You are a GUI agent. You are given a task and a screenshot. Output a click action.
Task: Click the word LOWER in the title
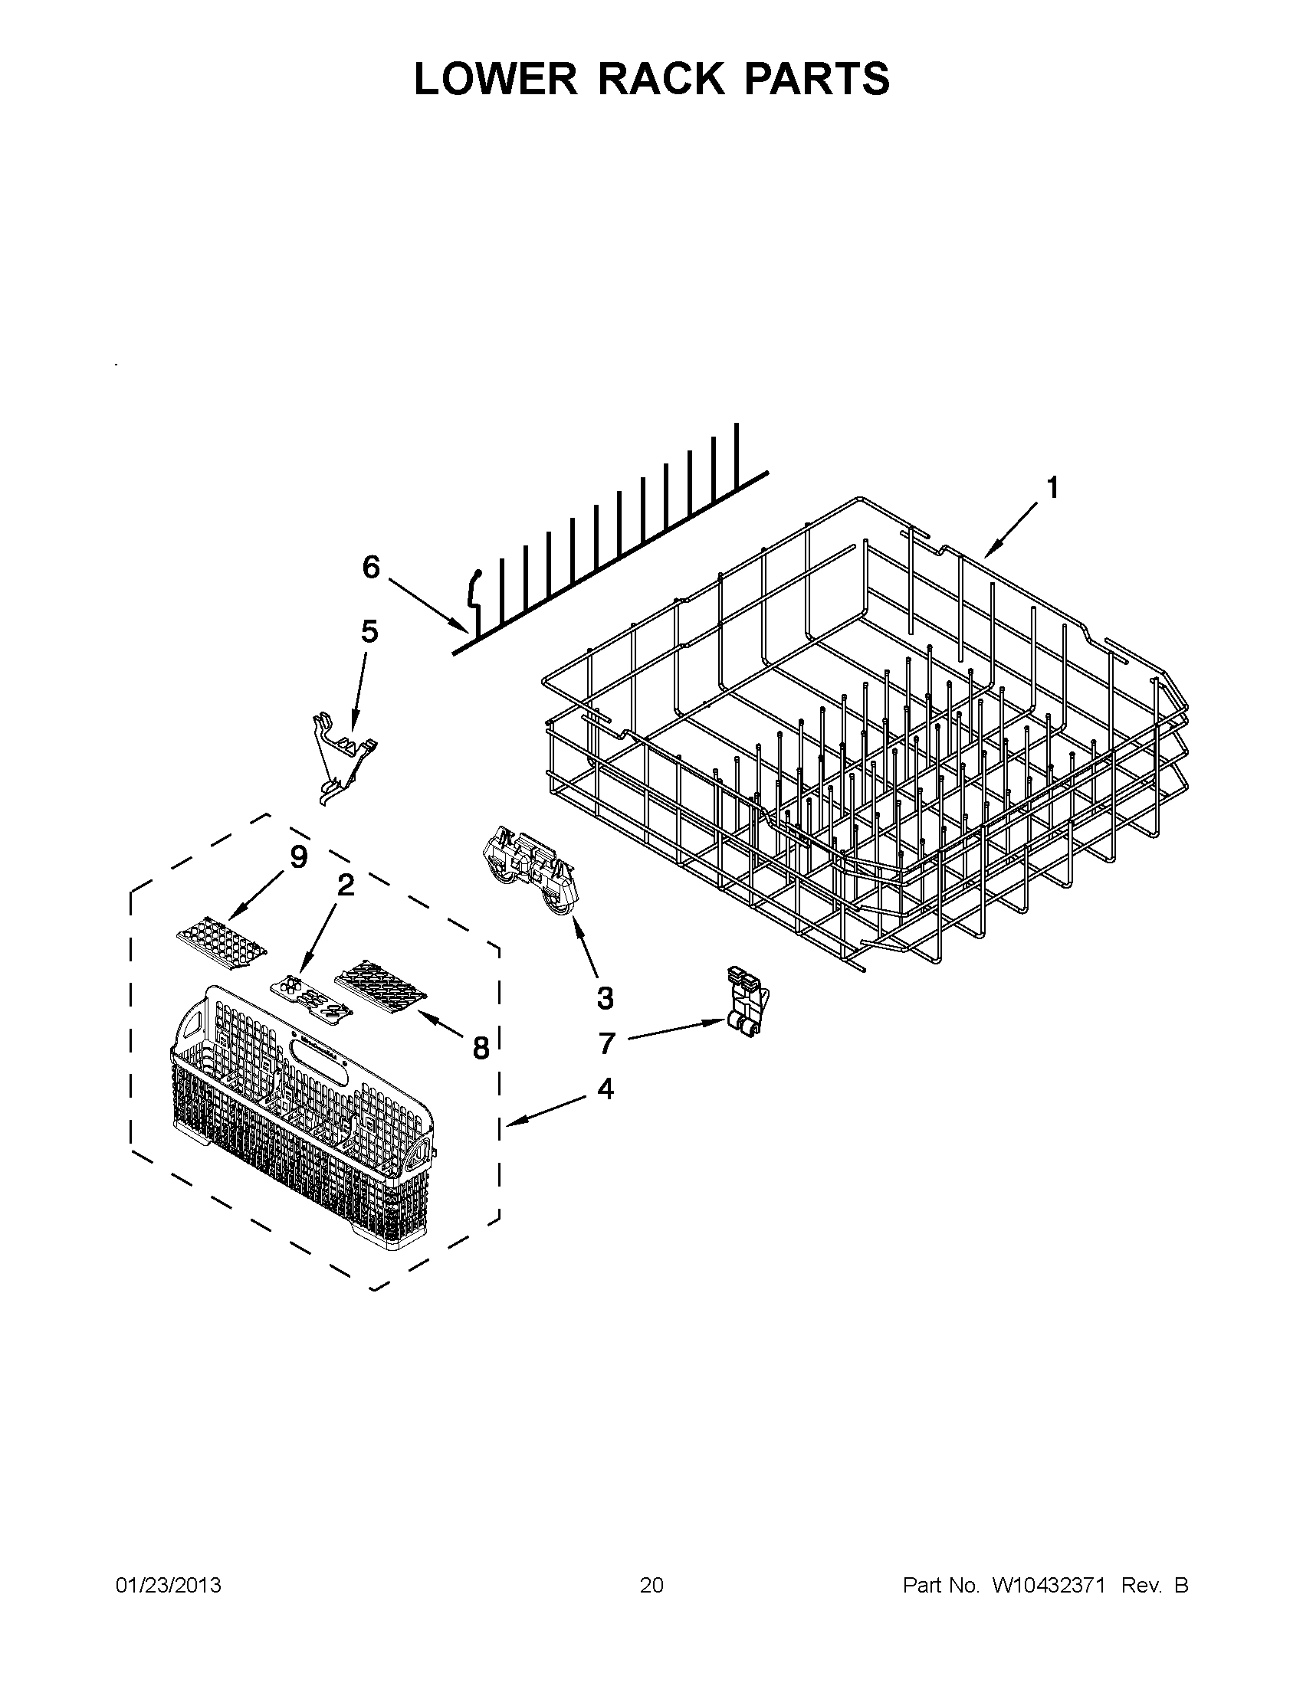pos(495,79)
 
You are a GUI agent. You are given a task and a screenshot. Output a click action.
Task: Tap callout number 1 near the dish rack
pos(1052,488)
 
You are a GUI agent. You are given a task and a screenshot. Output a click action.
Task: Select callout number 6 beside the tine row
pos(371,568)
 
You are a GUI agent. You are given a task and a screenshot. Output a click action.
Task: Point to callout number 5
pos(370,631)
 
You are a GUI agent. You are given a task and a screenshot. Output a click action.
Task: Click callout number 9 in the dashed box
pos(298,856)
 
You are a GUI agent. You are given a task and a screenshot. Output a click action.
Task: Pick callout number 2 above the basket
pos(345,886)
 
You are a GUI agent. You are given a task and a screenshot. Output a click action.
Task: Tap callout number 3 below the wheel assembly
pos(605,998)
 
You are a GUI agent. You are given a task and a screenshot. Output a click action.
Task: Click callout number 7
pos(606,1044)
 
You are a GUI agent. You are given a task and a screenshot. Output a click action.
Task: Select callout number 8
pos(481,1049)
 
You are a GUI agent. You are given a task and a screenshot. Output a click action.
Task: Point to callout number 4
pos(606,1089)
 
